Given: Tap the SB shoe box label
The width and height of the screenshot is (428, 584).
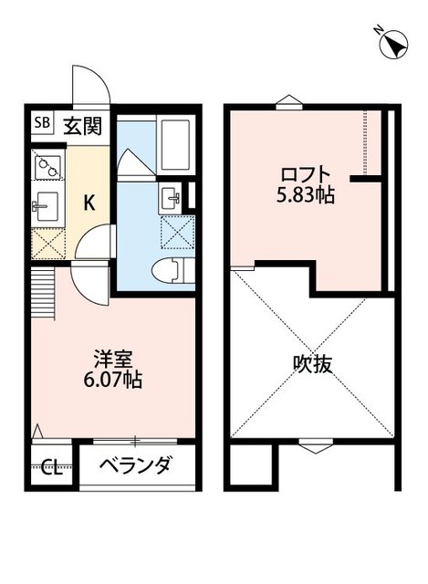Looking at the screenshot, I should pos(43,123).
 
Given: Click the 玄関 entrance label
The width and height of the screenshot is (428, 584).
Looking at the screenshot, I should pos(81,124).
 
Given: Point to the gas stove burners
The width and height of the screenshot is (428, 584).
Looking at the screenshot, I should pos(46,166).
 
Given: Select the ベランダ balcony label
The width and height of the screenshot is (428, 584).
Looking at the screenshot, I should pos(138,467).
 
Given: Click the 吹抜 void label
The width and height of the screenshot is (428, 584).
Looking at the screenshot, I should pos(311,364).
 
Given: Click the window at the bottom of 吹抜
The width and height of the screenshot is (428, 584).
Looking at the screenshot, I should pos(312,445).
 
